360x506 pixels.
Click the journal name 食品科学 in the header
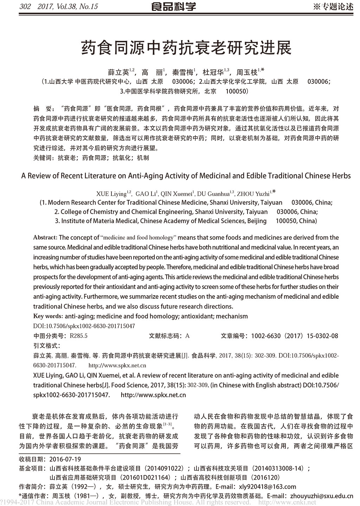173,7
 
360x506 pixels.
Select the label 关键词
42,158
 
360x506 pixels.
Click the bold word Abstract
45,238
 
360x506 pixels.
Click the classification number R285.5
79,336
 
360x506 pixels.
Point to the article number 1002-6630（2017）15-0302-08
294,336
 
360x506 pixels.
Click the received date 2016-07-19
65,459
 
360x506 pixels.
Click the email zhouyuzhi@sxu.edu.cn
321,496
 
